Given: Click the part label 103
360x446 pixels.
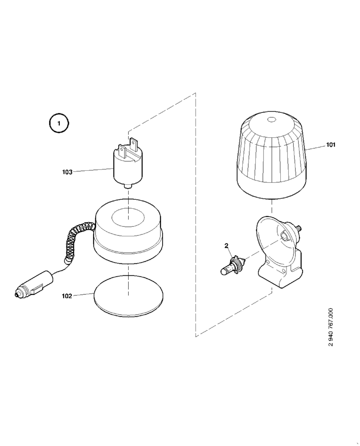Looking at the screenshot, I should tap(67, 172).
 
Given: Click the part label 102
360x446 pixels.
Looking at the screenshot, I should tap(67, 295).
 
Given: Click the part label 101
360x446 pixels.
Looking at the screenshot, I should tap(331, 145).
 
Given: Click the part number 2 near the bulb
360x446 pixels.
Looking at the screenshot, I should tap(226, 246).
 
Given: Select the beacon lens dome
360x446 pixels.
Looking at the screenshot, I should tap(270, 156).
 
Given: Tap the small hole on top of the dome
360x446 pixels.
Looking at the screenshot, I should tap(271, 120).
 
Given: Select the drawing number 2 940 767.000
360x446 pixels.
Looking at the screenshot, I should tap(330, 327).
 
